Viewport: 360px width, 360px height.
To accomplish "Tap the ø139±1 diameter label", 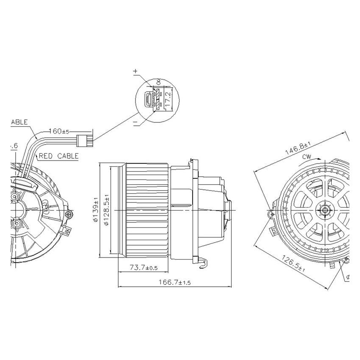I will click(x=96, y=209).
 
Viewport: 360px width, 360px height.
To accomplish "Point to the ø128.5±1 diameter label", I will click(x=106, y=210).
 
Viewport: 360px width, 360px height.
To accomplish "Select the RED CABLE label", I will click(x=59, y=156).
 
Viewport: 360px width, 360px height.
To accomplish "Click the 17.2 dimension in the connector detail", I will click(x=168, y=99).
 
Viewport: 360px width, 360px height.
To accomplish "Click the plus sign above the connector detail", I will click(x=136, y=72).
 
